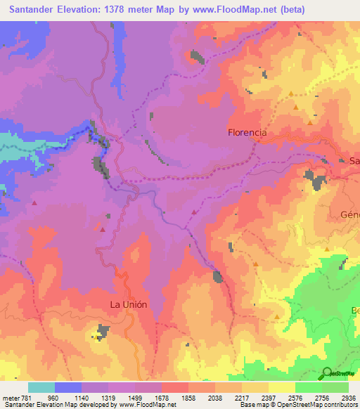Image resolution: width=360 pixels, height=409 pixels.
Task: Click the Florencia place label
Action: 247,131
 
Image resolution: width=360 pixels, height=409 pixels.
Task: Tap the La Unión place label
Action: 129,304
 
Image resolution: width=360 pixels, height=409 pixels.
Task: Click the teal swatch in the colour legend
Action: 41,387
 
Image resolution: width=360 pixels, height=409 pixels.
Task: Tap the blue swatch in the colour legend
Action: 68,387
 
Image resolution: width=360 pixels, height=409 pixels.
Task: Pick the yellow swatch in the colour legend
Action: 281,387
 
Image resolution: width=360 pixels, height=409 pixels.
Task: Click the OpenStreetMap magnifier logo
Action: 328,373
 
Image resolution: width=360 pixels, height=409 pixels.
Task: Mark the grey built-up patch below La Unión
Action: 104,331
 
